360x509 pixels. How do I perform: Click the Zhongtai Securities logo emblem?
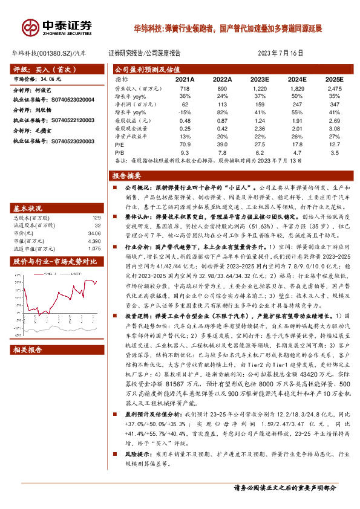coord(30,27)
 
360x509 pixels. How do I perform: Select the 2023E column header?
coord(259,79)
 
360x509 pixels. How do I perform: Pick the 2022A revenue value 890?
coord(222,88)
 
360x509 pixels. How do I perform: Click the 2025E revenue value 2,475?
coord(333,88)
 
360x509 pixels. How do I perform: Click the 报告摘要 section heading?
coord(126,176)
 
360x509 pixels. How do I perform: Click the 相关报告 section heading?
coord(28,349)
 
